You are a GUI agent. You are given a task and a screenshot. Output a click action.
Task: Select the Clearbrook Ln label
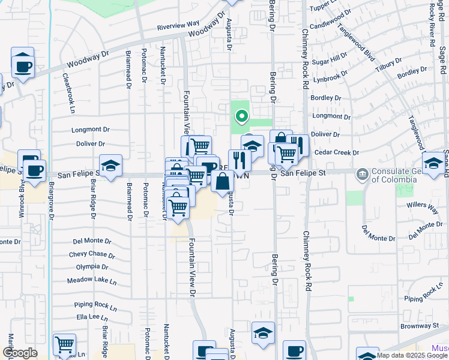(71, 95)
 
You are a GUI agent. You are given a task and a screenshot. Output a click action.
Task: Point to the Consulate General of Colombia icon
(363, 175)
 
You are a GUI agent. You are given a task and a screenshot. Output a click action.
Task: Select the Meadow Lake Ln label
(92, 280)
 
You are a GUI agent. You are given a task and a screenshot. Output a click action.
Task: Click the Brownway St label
(419, 326)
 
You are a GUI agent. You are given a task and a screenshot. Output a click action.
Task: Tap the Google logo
(20, 353)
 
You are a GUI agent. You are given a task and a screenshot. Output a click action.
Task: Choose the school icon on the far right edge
(434, 163)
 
